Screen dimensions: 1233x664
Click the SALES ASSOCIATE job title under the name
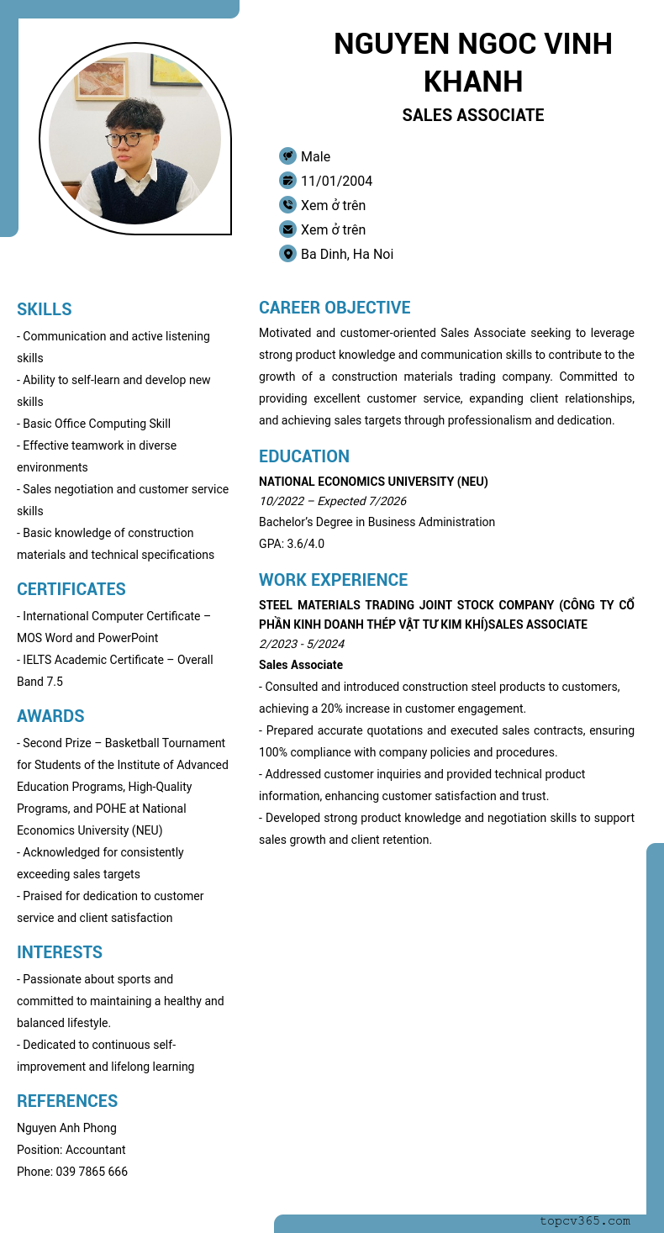click(472, 115)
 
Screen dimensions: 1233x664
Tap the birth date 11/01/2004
click(336, 181)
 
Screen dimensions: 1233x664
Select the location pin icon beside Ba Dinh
click(287, 254)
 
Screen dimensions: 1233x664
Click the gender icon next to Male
click(287, 156)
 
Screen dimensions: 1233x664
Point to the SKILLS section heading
click(45, 309)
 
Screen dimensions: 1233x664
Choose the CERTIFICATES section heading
click(71, 589)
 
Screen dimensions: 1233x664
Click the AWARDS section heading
click(50, 716)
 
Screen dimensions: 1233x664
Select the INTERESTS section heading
click(60, 952)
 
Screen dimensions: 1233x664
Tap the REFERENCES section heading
click(67, 1101)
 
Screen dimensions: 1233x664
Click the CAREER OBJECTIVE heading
click(335, 308)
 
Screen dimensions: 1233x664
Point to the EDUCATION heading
click(304, 456)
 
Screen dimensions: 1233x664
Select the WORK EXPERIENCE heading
click(333, 580)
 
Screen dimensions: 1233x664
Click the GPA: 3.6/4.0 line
click(292, 544)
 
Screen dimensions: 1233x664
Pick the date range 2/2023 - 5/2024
click(302, 644)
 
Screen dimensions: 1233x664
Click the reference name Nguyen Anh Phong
click(66, 1128)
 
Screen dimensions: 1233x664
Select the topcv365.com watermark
click(585, 1220)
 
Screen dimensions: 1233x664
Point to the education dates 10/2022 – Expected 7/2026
click(332, 501)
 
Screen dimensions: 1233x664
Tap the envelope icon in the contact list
click(287, 229)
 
